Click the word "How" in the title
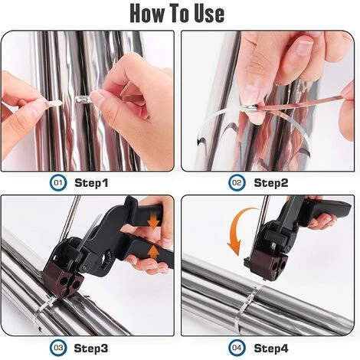pyautogui.click(x=147, y=13)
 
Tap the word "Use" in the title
pyautogui.click(x=209, y=13)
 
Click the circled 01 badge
pyautogui.click(x=58, y=183)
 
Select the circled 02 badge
pyautogui.click(x=237, y=183)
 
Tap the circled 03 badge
pyautogui.click(x=58, y=348)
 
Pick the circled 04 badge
pyautogui.click(x=237, y=348)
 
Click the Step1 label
pyautogui.click(x=91, y=183)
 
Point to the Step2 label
pyautogui.click(x=271, y=183)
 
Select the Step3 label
pyautogui.click(x=91, y=349)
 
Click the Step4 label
pyautogui.click(x=271, y=349)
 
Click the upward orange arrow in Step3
pyautogui.click(x=153, y=253)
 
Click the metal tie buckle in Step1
pyautogui.click(x=82, y=99)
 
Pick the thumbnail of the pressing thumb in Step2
pyautogui.click(x=303, y=45)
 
